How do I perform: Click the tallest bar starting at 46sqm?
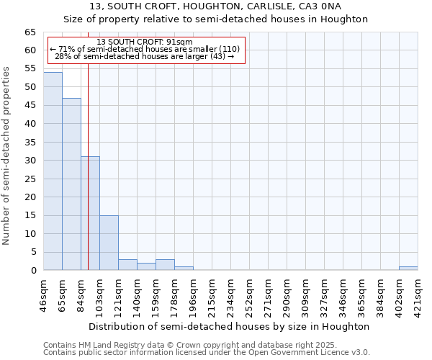click(53, 171)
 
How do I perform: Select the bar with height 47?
click(71, 184)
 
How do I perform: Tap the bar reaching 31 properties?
click(90, 213)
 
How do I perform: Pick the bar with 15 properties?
click(109, 243)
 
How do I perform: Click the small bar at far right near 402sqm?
click(408, 269)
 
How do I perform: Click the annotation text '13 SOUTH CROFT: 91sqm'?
click(144, 42)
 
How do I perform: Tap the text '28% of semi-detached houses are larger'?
click(144, 56)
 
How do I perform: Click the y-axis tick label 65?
click(30, 32)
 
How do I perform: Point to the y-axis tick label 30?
click(30, 161)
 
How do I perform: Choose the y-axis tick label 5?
click(34, 252)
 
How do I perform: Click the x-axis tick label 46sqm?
click(44, 296)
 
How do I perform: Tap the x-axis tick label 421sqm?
click(418, 296)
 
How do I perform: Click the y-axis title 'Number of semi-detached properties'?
click(7, 156)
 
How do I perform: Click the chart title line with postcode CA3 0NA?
click(216, 6)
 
